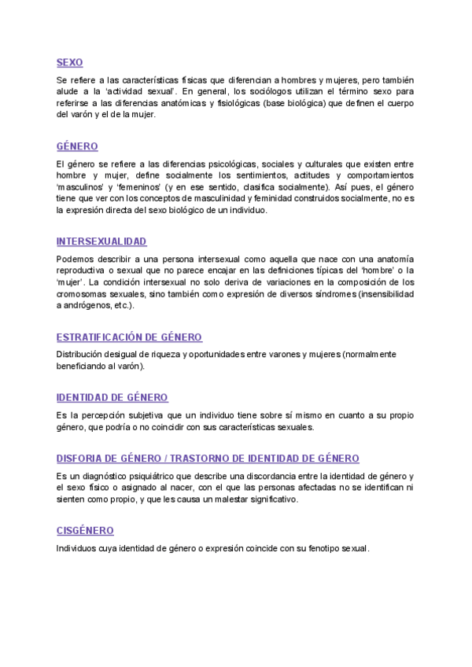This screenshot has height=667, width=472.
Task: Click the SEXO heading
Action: [x=69, y=62]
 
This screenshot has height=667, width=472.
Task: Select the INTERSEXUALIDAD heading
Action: [x=101, y=241]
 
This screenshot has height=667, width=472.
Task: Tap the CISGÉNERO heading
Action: [x=85, y=531]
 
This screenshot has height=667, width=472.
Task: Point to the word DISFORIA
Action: [x=81, y=458]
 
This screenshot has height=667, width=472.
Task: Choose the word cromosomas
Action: [x=81, y=293]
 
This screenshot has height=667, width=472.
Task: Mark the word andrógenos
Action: [x=87, y=304]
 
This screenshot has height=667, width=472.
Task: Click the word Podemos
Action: [x=76, y=260]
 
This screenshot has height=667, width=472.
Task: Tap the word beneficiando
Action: [x=83, y=366]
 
